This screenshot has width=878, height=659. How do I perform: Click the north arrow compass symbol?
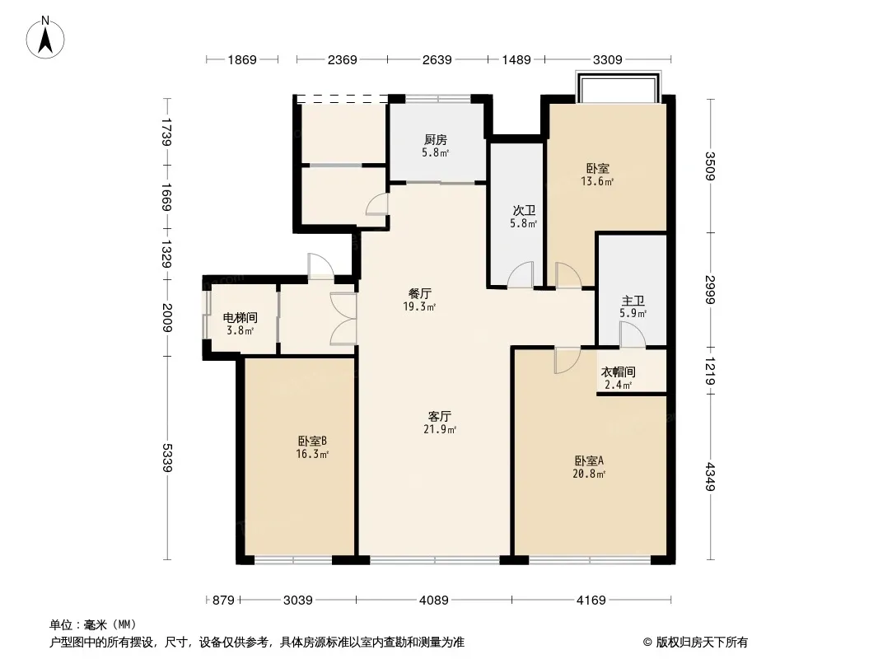click(x=45, y=38)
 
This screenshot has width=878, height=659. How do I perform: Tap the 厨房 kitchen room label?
click(x=435, y=139)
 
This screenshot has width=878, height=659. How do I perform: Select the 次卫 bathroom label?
click(x=524, y=211)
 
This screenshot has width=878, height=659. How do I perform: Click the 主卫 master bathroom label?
click(x=633, y=301)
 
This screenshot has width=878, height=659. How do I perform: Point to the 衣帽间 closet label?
click(x=619, y=372)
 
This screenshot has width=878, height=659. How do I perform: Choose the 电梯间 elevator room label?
click(x=241, y=317)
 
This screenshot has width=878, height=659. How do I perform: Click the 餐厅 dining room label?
click(x=420, y=293)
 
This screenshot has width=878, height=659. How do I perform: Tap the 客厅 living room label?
click(x=440, y=416)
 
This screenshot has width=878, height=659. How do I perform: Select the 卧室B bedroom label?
click(x=312, y=441)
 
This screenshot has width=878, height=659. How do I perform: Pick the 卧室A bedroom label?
click(x=589, y=460)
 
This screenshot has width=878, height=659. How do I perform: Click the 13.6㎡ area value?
click(x=597, y=181)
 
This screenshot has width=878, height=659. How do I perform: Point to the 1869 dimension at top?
click(x=242, y=59)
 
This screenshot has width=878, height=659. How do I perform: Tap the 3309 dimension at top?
click(x=608, y=59)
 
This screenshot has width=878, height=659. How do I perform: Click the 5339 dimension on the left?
click(x=167, y=457)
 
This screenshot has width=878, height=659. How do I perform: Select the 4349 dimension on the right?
click(x=710, y=476)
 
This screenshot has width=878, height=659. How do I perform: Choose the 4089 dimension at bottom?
click(x=434, y=601)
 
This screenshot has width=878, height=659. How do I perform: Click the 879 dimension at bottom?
click(x=223, y=601)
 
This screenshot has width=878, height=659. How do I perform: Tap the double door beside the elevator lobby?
click(x=343, y=318)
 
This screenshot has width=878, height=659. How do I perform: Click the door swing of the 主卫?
click(x=633, y=334)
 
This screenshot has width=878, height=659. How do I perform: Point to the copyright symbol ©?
click(x=647, y=643)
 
